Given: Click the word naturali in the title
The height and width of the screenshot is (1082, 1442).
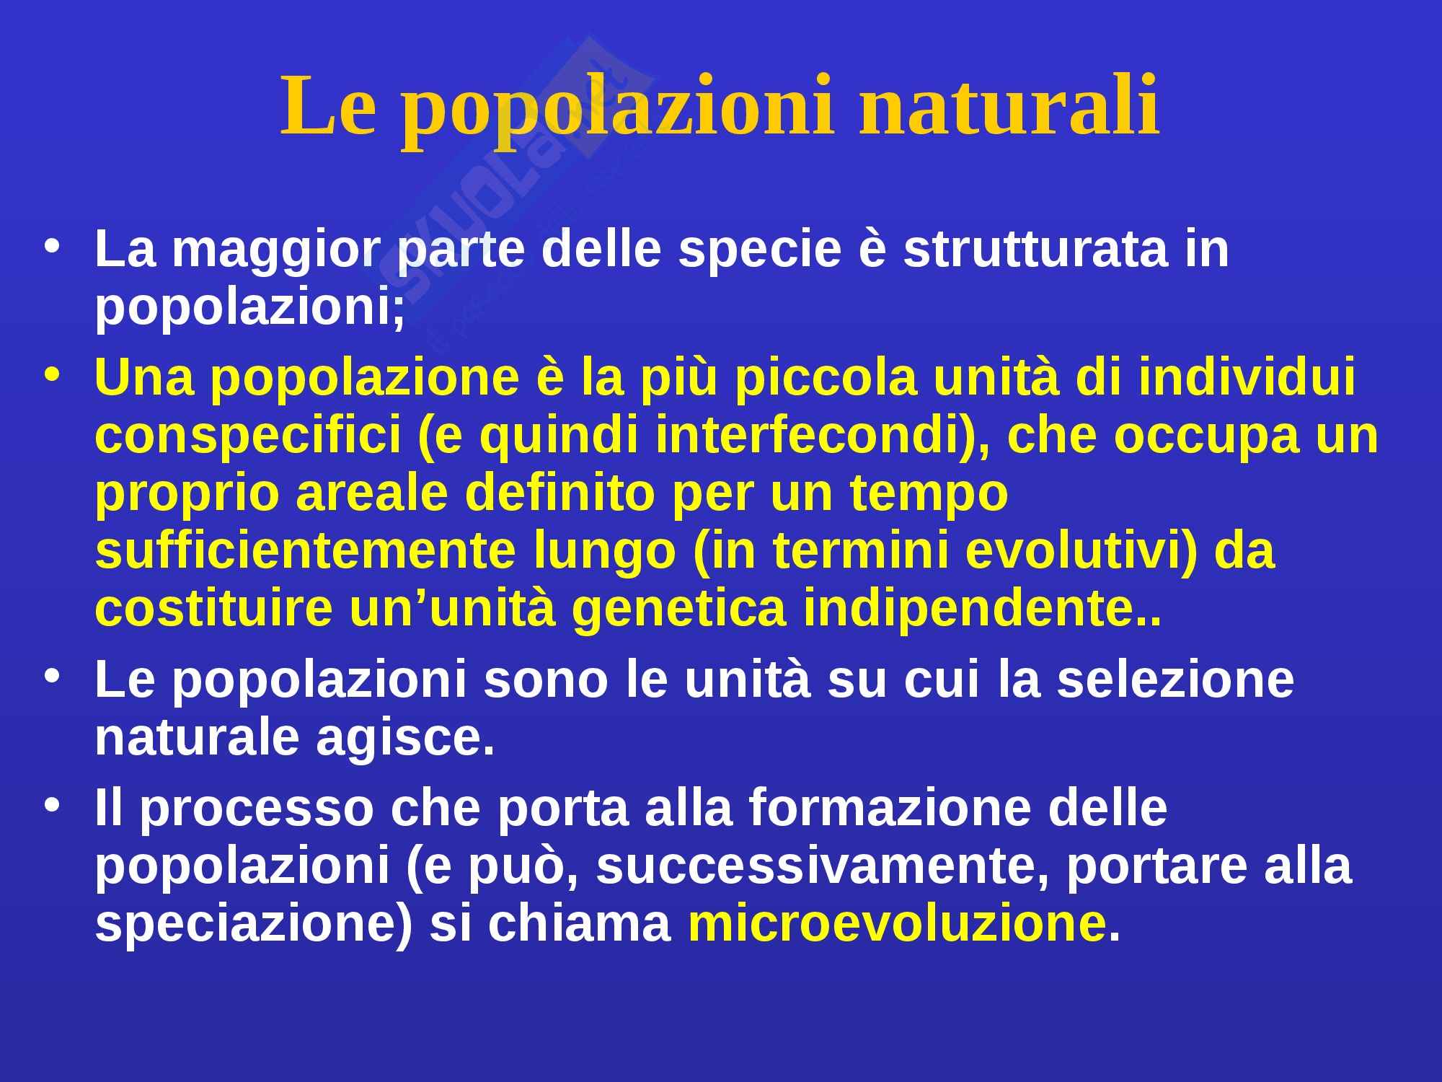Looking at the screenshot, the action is [1009, 107].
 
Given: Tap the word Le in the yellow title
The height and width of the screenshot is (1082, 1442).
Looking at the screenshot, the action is [329, 107].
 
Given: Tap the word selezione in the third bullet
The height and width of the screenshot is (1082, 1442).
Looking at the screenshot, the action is [1175, 680].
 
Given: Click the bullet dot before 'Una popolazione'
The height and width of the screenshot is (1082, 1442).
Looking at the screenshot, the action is [52, 376].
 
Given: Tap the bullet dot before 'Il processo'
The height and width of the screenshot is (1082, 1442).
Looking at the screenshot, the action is [52, 805].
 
